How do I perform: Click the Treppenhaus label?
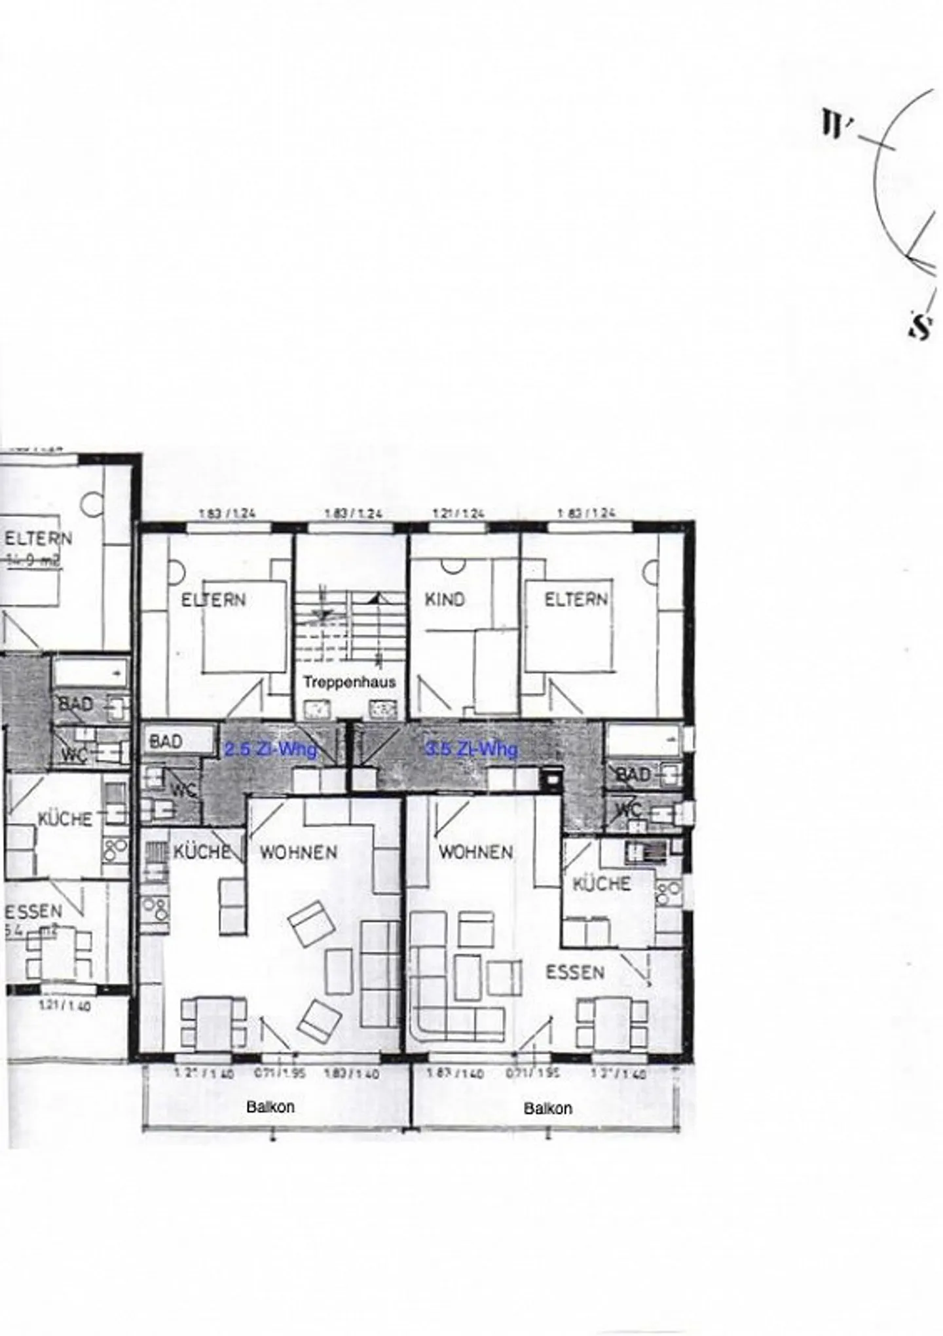coord(349,681)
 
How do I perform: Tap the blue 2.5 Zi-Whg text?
coord(270,749)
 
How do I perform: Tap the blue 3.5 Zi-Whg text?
coord(471,749)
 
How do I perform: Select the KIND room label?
coord(445,599)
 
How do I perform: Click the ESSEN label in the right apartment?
coord(574,972)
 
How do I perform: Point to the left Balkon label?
coord(270,1107)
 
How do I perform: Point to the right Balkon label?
coord(547,1108)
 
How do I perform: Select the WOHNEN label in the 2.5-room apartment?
coord(299,852)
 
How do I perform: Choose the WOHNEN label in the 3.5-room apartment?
coord(475,852)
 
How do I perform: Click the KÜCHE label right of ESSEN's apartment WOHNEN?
coord(601,883)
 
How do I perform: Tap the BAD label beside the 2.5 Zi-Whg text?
coord(166,741)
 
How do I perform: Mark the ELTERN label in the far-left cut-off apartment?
coord(38,539)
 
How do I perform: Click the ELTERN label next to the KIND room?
coord(576,599)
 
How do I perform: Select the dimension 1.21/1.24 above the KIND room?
coord(458,514)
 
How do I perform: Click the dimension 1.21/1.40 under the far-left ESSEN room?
coord(65,1005)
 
